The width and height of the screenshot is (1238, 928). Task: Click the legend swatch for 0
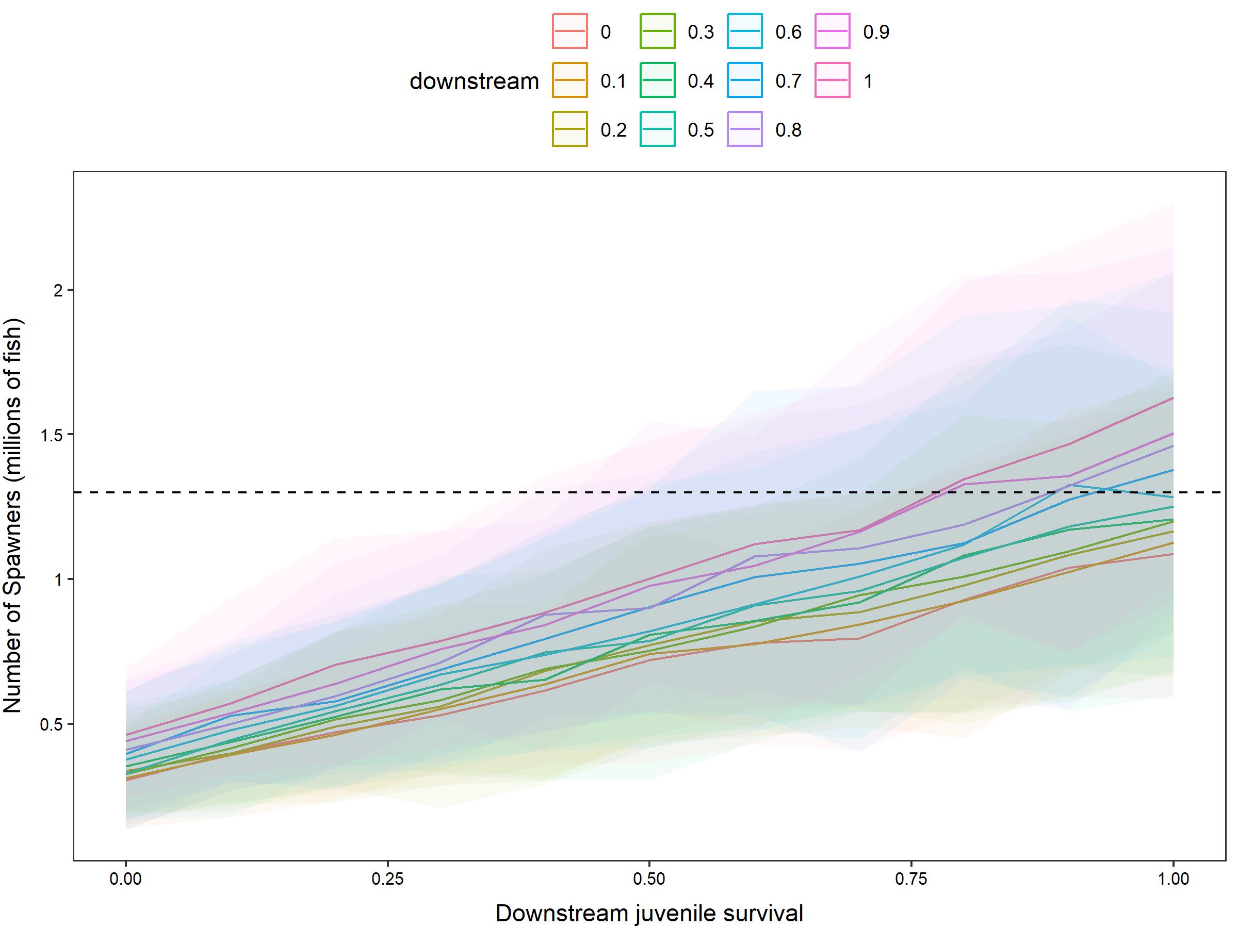point(570,31)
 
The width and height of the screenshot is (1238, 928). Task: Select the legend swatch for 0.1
point(570,80)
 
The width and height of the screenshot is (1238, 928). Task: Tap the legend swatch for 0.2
point(570,129)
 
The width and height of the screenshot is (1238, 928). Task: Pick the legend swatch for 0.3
point(657,31)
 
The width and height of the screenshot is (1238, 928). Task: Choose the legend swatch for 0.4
point(657,80)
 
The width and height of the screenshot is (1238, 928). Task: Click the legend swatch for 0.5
point(657,129)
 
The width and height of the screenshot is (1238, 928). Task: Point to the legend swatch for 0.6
point(744,31)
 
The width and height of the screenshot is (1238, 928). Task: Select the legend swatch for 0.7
point(744,80)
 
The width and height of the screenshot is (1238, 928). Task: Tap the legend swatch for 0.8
point(744,129)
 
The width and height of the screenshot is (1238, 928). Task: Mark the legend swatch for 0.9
point(832,31)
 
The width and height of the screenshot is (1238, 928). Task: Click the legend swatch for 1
point(832,80)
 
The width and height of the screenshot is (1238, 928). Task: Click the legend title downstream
point(474,81)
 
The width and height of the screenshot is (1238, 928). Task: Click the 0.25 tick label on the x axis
point(387,879)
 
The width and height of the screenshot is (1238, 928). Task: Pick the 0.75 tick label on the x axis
point(911,879)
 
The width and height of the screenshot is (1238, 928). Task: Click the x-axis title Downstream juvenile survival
point(649,914)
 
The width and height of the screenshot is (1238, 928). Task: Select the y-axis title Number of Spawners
point(12,515)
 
